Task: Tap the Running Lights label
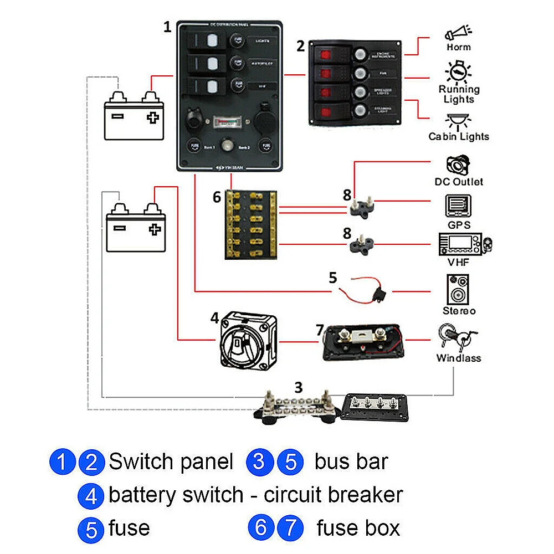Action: [x=459, y=94]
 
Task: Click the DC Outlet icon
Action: [x=458, y=166]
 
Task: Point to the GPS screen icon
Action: [x=459, y=207]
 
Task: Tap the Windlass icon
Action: [x=458, y=337]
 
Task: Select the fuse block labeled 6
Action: [x=250, y=225]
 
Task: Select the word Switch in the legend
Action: [x=139, y=461]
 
